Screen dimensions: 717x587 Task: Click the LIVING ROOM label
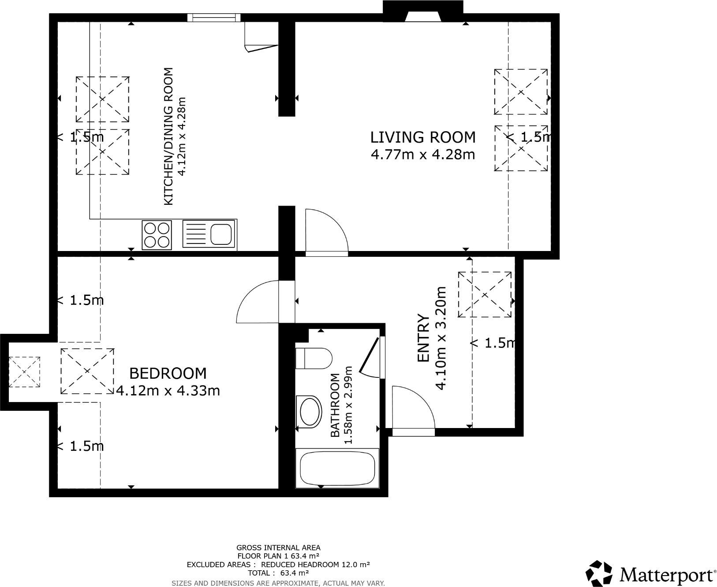click(423, 137)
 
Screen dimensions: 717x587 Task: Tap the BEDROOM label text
click(168, 373)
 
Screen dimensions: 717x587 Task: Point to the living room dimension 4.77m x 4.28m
click(423, 155)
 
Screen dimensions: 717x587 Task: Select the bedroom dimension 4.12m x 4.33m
click(168, 391)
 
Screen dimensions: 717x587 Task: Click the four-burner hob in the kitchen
click(157, 235)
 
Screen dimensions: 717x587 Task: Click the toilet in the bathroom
click(314, 358)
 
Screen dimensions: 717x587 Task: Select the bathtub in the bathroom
click(337, 468)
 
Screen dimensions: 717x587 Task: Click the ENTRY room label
click(423, 338)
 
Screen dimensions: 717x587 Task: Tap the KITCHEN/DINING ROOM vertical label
click(168, 137)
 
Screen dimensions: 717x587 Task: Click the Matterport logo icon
click(599, 573)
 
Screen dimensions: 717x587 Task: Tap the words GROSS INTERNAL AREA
click(278, 548)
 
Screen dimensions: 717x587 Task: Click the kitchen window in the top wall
click(214, 18)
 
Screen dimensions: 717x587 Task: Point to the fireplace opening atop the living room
click(423, 16)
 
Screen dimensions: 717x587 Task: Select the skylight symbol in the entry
click(485, 294)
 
